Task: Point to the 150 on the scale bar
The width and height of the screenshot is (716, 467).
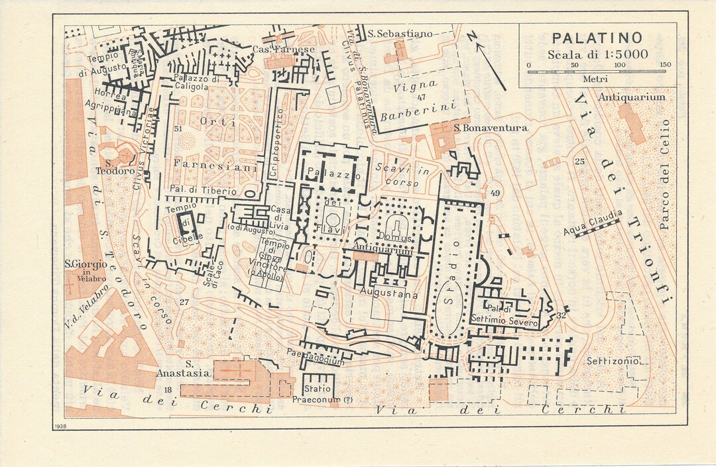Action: point(665,65)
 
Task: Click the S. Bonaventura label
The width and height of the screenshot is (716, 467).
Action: point(491,127)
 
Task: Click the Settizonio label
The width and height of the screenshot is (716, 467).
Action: point(613,361)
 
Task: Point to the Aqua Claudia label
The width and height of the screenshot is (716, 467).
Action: point(593,223)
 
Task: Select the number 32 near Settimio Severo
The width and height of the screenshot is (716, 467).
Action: point(562,315)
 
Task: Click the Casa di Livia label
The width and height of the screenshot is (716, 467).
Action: point(279,217)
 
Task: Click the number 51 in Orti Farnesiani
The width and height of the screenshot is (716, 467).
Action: point(178,129)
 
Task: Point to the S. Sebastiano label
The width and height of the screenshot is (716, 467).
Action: point(400,32)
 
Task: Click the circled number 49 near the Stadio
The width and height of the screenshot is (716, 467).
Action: point(495,193)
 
